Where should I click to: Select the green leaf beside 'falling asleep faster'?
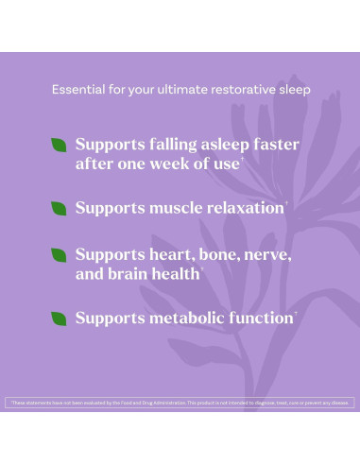pos(59,145)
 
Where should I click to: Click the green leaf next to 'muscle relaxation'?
pos(59,206)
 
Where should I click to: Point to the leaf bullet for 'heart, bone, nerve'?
pos(59,255)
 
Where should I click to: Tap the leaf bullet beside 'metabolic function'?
pos(59,318)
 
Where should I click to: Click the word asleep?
pos(215,145)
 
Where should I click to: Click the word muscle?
pos(179,207)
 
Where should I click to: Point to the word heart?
pos(173,255)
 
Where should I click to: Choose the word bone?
pos(226,255)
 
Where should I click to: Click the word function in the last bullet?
pos(264,319)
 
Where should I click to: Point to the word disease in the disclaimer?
pos(339,404)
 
